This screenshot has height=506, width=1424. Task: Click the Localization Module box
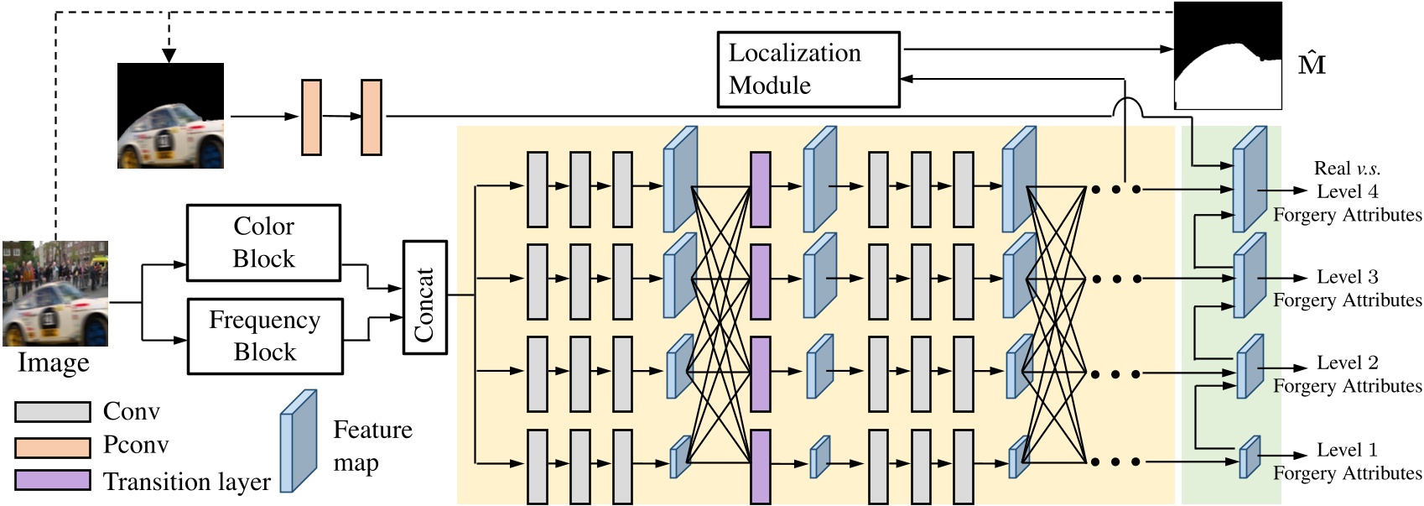point(808,70)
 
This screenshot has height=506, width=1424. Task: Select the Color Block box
point(263,243)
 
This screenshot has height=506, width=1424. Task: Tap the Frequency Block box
point(265,336)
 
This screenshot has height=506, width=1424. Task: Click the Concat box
point(424,298)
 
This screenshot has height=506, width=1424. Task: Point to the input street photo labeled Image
point(55,294)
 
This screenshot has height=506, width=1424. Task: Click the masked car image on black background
point(170,116)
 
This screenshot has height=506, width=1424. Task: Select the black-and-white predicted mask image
point(1228,56)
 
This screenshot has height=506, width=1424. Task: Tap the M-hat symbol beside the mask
point(1311,63)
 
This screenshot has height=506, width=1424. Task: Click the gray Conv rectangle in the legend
point(52,412)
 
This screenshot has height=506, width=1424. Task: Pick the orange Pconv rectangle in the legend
point(52,446)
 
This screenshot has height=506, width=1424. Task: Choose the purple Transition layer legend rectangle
point(52,481)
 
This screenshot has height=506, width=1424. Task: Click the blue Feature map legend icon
point(298,441)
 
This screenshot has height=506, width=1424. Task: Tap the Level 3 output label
point(1347,277)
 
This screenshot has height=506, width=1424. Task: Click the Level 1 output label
point(1347,450)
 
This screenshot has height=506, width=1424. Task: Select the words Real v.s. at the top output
point(1347,169)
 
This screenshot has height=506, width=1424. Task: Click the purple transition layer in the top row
point(760,190)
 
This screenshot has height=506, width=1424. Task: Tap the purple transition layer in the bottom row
point(760,467)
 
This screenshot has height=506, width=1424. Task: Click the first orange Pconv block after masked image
point(311,117)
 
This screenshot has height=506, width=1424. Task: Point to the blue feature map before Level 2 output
point(1250,367)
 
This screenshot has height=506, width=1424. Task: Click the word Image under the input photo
point(54,363)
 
